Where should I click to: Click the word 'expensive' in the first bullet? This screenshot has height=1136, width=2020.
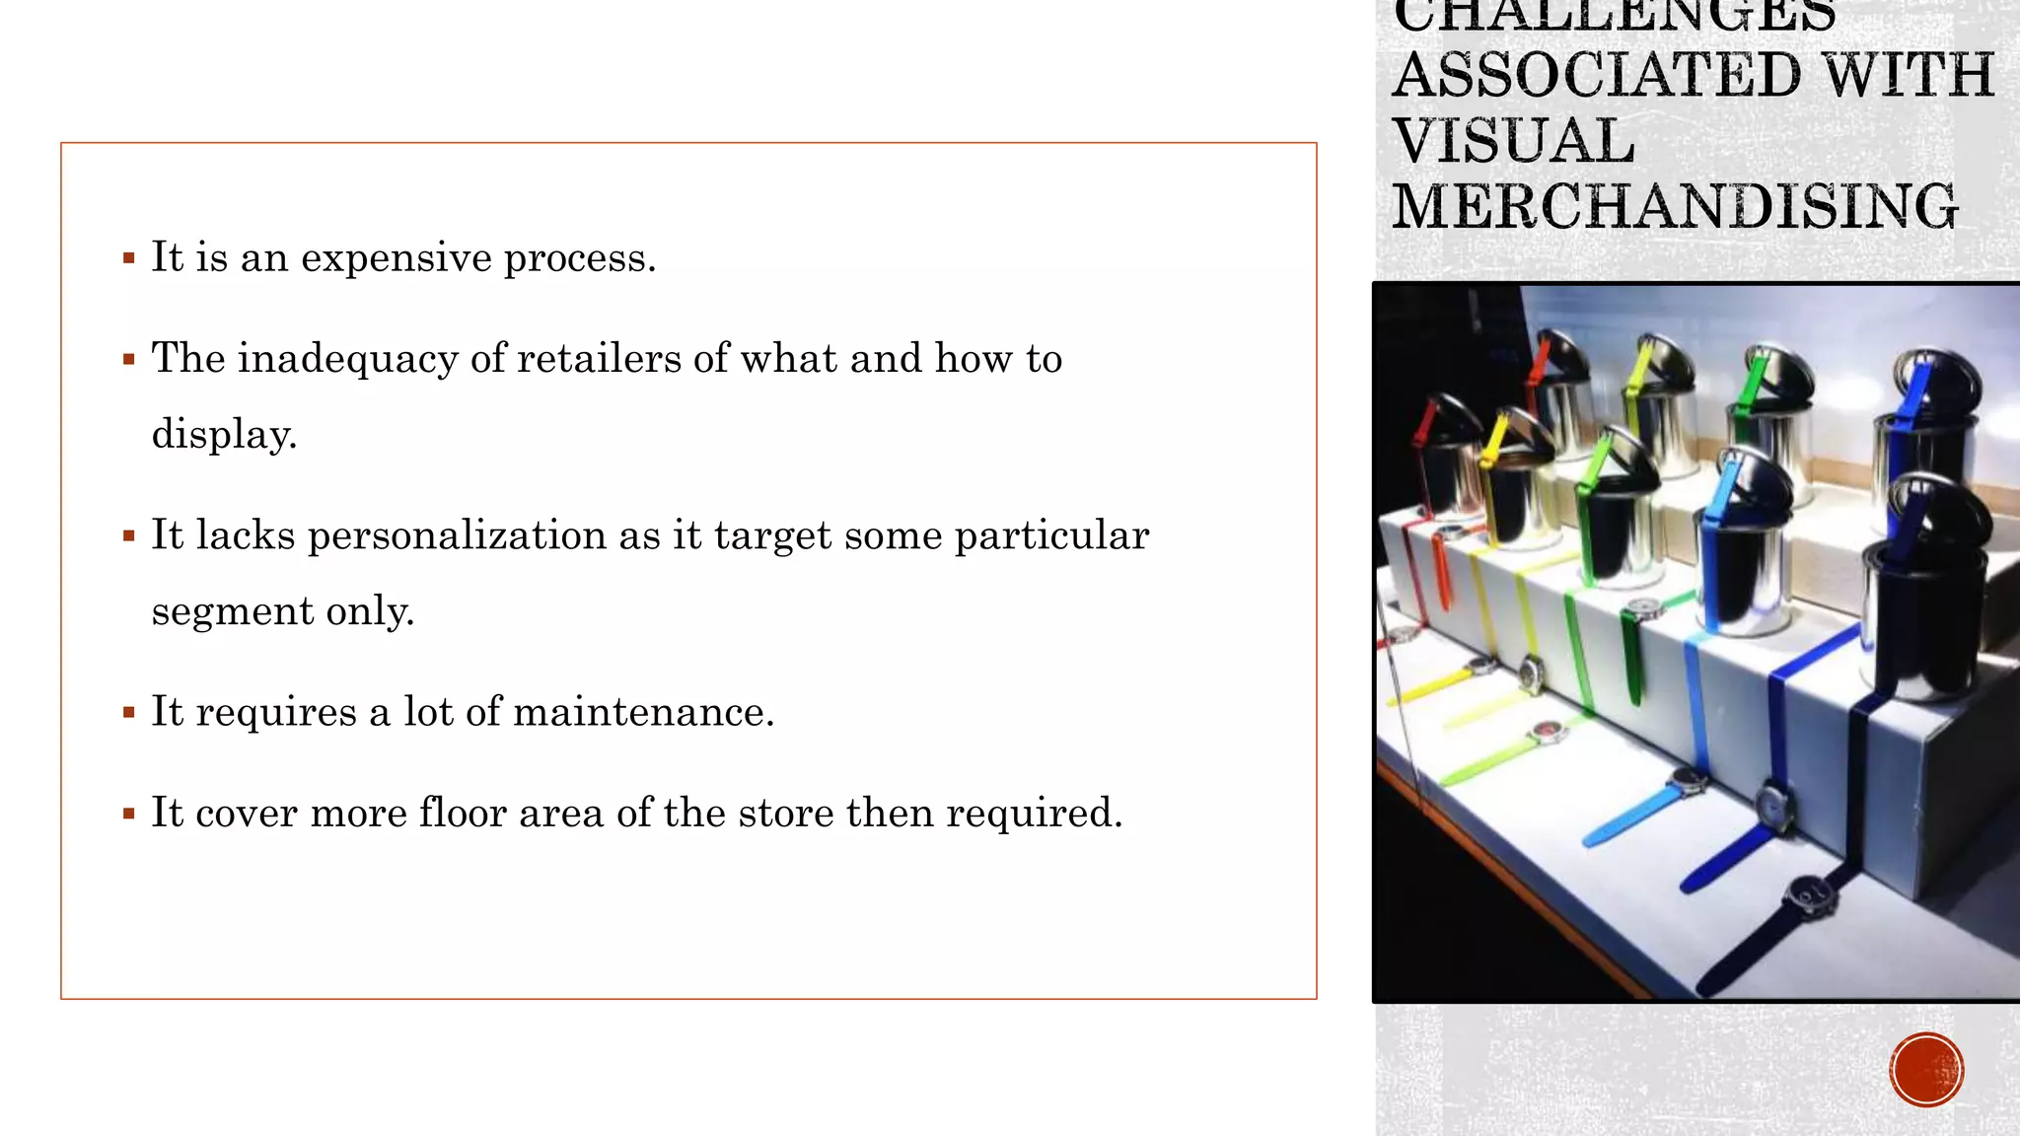(397, 259)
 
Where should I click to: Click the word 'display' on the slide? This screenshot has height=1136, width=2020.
(222, 435)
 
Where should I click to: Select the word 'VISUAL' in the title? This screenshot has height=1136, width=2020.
(1514, 140)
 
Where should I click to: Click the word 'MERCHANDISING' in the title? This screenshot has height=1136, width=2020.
(1675, 206)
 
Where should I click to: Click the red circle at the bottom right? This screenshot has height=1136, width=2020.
(1926, 1070)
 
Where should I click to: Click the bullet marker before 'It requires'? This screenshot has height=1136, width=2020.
(129, 712)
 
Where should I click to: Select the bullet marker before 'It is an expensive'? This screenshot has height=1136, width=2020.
(129, 258)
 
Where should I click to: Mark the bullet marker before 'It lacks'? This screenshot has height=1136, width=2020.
(129, 536)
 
